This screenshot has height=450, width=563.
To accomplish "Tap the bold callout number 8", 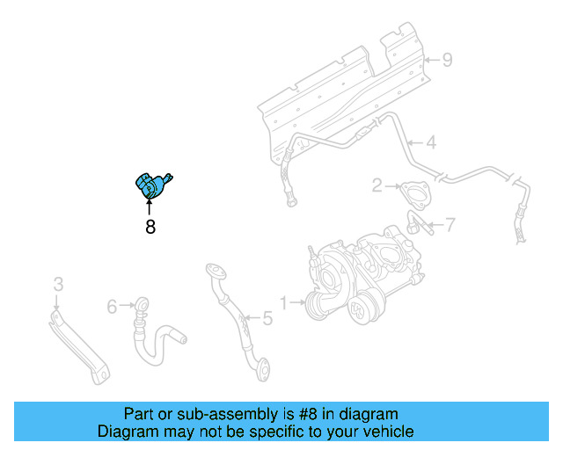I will (x=150, y=227).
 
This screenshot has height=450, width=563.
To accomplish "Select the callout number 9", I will (x=447, y=60).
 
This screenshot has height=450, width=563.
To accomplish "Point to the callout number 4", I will (x=431, y=142).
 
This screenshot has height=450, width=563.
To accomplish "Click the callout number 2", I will (x=377, y=185).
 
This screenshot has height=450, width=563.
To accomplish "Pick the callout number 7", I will (x=450, y=225).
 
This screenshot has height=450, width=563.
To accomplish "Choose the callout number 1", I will (x=283, y=303).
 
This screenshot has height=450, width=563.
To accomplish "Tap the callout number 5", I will (x=267, y=319).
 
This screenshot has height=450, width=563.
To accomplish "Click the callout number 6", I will (x=112, y=306).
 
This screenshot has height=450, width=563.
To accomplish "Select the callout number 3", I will (x=58, y=284).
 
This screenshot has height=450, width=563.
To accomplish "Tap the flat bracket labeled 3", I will (x=79, y=343).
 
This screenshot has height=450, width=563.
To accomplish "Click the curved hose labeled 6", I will (x=155, y=334).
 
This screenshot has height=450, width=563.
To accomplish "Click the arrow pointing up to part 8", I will (x=150, y=207).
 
